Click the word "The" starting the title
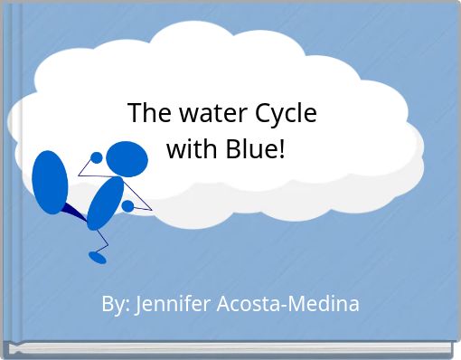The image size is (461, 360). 146,115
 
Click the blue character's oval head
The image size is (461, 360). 127,159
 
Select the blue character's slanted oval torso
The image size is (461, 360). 105,203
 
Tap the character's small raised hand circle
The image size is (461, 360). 97,157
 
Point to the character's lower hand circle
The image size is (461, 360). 127,206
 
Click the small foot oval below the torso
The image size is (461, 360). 97,257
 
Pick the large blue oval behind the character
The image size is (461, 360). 50,181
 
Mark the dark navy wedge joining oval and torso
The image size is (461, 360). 73,213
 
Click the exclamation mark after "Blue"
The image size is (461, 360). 281,149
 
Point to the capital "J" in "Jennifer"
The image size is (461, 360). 138,304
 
